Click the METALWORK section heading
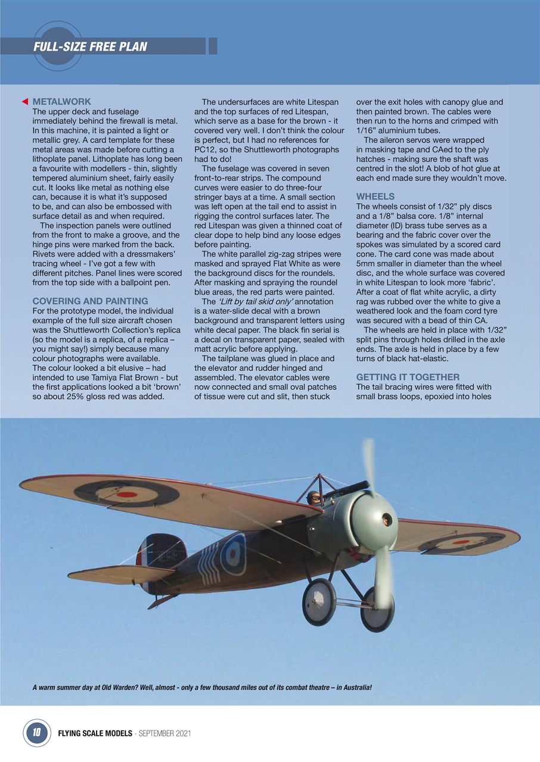tap(61, 102)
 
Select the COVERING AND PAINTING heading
tap(90, 301)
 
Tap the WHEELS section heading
tap(375, 196)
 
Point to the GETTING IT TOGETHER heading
tap(408, 377)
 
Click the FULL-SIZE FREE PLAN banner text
tap(90, 46)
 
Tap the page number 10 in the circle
tap(36, 733)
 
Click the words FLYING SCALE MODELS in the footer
tap(95, 733)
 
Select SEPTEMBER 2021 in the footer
tap(164, 733)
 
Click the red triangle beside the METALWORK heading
tap(24, 102)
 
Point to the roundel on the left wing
tap(126, 493)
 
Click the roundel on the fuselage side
tap(233, 554)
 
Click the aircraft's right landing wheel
tap(377, 609)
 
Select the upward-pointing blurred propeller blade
tap(368, 464)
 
